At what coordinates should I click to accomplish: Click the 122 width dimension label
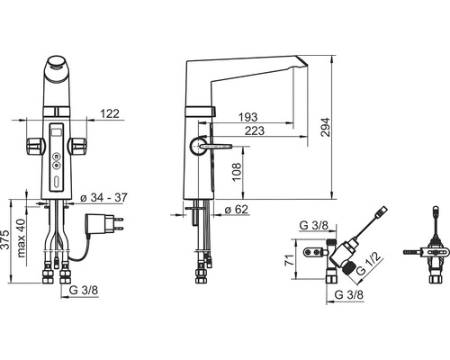point(110,113)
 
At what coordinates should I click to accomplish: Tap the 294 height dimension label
point(325,127)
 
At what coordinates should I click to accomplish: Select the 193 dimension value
point(247,117)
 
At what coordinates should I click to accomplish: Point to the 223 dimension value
point(255,130)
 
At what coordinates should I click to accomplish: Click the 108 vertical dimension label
point(237,172)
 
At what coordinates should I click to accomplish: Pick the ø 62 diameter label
point(237,210)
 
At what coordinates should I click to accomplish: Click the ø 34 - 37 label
point(103,198)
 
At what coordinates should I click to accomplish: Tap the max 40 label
point(22,238)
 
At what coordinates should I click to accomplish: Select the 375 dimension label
point(4,239)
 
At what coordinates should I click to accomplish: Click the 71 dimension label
point(289,260)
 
